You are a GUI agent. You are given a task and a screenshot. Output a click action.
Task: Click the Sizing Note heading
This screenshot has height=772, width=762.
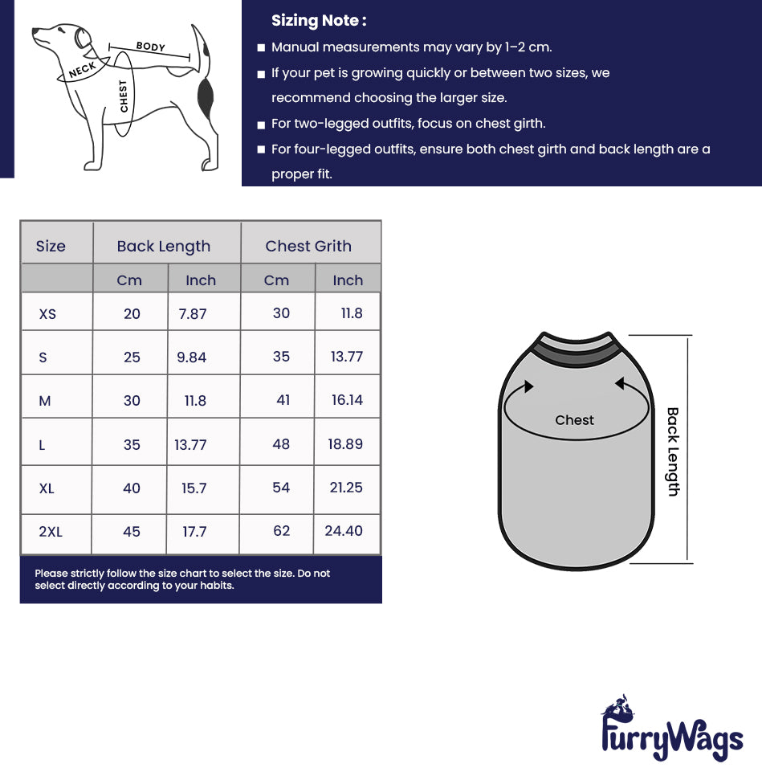tap(319, 21)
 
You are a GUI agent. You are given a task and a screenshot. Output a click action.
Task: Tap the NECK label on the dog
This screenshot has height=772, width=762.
tap(83, 70)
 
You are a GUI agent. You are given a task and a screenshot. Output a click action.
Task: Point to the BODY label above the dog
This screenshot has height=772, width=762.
tap(150, 47)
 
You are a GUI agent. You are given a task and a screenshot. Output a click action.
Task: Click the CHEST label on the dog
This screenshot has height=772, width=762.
tap(124, 96)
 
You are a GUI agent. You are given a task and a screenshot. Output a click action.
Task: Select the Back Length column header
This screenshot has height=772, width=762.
tap(163, 247)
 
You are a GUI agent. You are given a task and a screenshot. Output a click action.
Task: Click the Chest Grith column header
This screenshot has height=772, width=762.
tap(308, 247)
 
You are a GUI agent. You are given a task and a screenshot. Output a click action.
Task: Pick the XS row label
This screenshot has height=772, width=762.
tap(48, 314)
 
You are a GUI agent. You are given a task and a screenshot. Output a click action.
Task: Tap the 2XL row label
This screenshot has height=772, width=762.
tap(51, 532)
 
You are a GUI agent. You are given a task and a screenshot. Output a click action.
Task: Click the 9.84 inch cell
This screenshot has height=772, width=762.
tap(192, 357)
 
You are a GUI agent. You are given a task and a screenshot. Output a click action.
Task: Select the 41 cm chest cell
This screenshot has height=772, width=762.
tap(283, 400)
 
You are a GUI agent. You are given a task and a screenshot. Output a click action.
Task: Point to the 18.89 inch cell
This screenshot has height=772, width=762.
tap(345, 444)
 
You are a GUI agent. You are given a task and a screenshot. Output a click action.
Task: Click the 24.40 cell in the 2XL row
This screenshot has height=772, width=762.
tap(344, 531)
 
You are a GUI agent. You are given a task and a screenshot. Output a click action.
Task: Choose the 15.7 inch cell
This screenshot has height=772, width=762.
tap(194, 488)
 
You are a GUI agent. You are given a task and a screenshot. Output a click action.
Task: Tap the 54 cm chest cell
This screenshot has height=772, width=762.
tap(281, 488)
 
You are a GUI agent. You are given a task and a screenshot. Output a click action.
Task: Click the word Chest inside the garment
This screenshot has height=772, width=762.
tap(574, 420)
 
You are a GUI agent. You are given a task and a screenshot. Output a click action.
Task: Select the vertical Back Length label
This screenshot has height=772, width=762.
tap(673, 451)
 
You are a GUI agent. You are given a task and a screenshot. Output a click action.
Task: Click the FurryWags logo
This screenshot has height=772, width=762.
tap(671, 731)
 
